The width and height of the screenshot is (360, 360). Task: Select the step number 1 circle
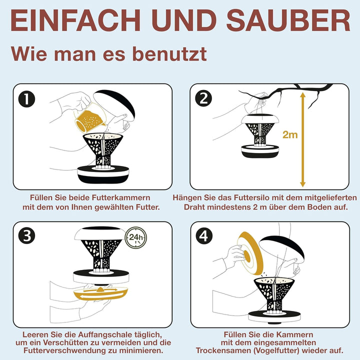tap(26, 99)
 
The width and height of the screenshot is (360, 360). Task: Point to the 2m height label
tap(290, 135)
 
